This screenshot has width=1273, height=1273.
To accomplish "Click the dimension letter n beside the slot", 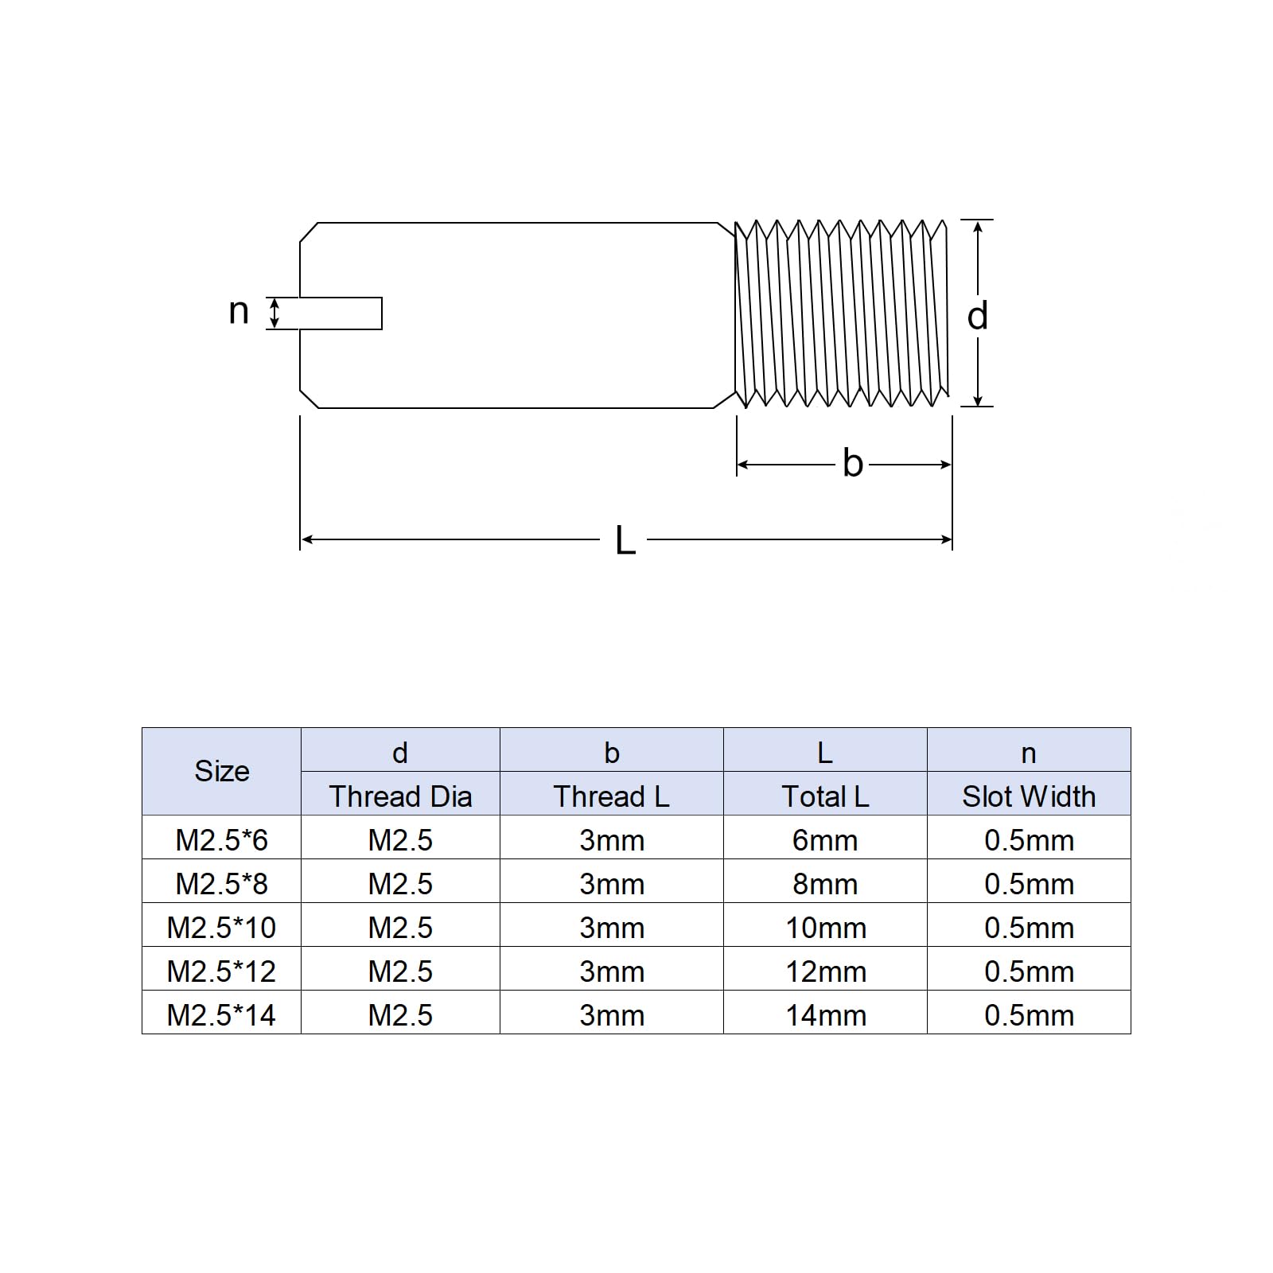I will pyautogui.click(x=239, y=312).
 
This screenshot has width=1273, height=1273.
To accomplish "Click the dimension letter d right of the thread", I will pyautogui.click(x=977, y=317).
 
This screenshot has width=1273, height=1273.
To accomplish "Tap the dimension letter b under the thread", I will pyautogui.click(x=852, y=464).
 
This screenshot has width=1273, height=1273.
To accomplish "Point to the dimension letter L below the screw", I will pyautogui.click(x=625, y=541).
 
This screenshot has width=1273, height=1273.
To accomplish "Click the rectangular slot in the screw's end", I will pyautogui.click(x=341, y=313).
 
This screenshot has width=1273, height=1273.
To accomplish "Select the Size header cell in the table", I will pyautogui.click(x=222, y=771).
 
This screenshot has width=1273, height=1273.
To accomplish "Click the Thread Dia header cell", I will pyautogui.click(x=400, y=796).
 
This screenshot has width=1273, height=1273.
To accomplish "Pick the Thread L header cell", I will pyautogui.click(x=611, y=796).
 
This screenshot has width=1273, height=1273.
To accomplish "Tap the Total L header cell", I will pyautogui.click(x=825, y=796).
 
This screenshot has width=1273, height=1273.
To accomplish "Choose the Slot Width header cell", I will pyautogui.click(x=1029, y=796).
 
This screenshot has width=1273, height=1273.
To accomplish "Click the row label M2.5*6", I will pyautogui.click(x=222, y=840).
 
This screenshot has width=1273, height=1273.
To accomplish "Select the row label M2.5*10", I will pyautogui.click(x=222, y=928).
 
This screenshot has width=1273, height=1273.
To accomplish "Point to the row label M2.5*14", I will pyautogui.click(x=222, y=1015).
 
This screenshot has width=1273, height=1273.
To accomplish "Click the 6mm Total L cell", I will pyautogui.click(x=825, y=840).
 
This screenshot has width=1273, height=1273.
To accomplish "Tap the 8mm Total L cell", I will pyautogui.click(x=825, y=884).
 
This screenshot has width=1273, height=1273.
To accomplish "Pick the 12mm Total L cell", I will pyautogui.click(x=825, y=971).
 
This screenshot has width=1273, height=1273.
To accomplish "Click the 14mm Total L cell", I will pyautogui.click(x=825, y=1015).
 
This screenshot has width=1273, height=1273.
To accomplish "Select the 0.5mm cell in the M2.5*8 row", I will pyautogui.click(x=1029, y=884).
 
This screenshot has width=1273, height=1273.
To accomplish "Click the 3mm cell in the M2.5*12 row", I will pyautogui.click(x=611, y=971).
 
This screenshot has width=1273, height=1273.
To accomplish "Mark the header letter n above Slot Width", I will pyautogui.click(x=1029, y=753).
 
